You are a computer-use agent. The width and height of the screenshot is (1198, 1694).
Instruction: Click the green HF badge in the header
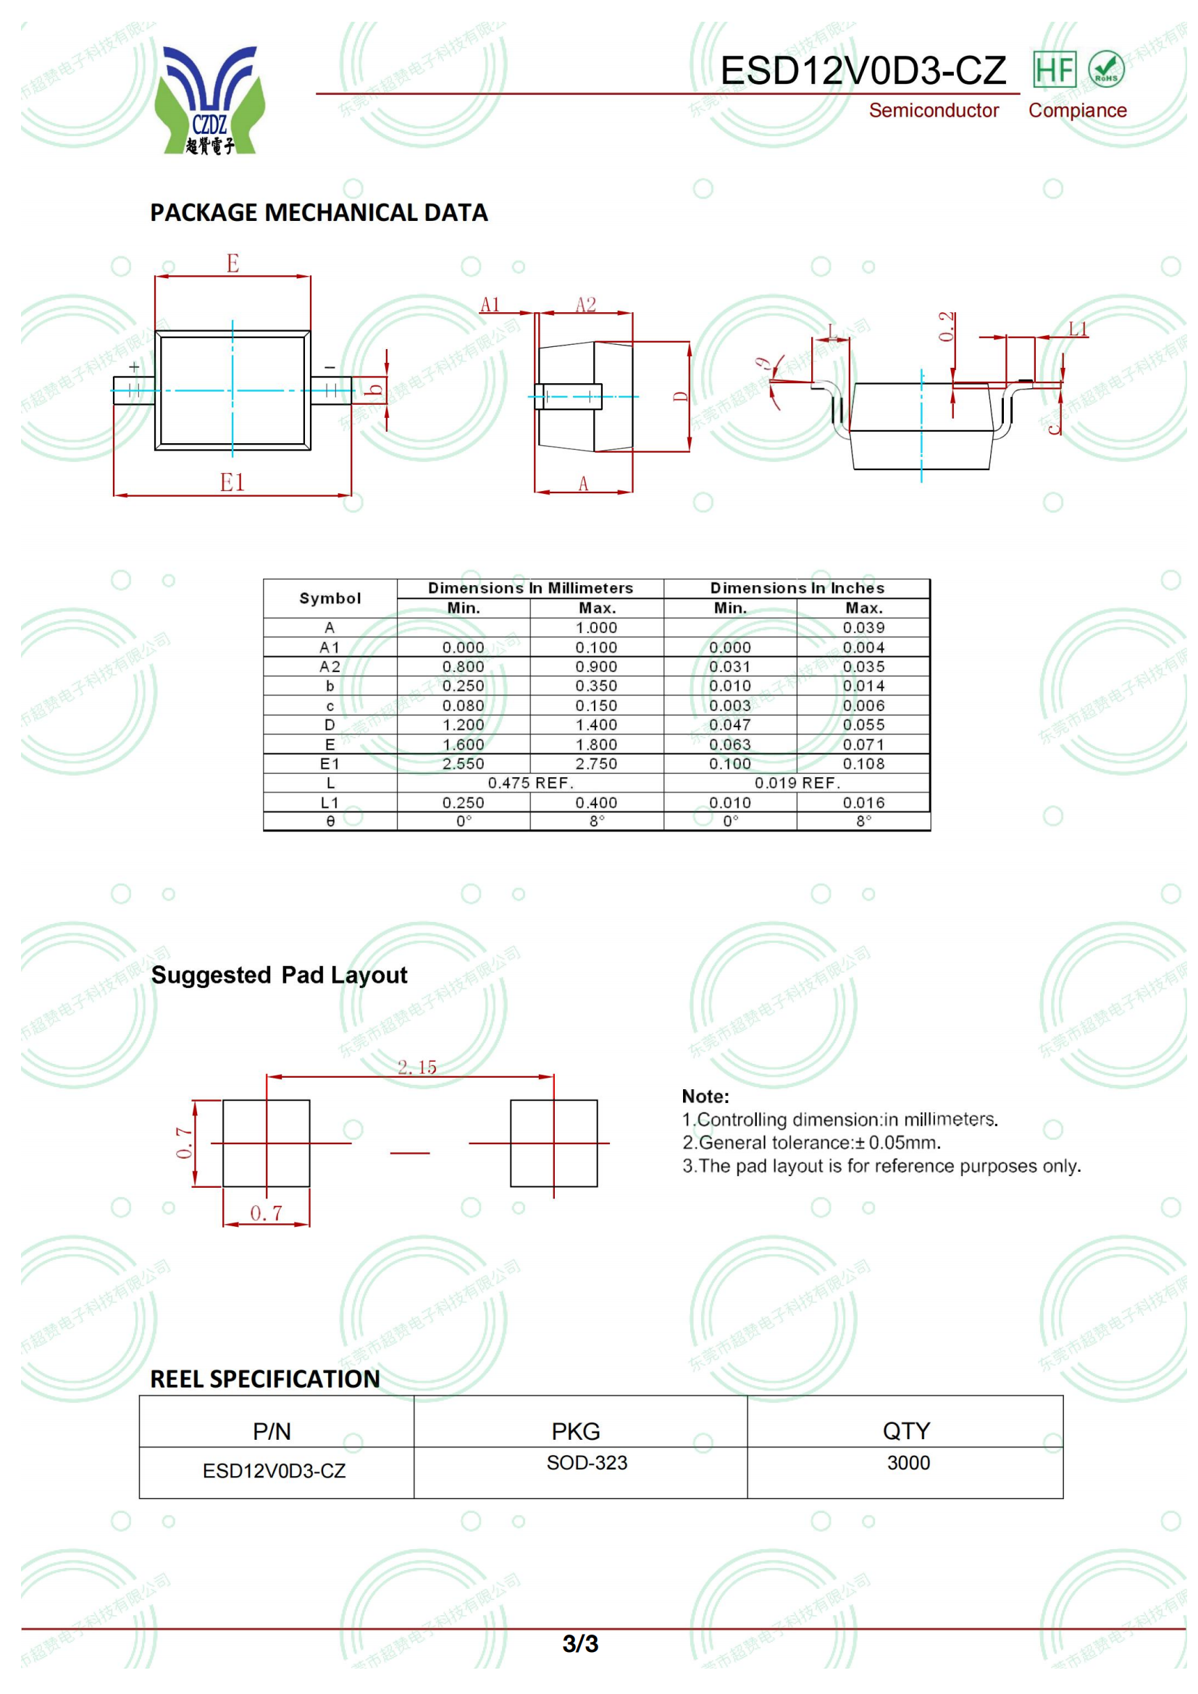(1053, 70)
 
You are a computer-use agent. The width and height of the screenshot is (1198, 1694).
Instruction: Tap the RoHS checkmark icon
(1106, 70)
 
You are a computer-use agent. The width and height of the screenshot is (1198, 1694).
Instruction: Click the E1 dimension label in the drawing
(232, 482)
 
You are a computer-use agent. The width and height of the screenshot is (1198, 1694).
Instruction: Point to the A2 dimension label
(585, 305)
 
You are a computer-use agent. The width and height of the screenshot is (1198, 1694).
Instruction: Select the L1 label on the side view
(1078, 329)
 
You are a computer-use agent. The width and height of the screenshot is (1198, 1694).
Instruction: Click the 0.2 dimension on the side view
(947, 326)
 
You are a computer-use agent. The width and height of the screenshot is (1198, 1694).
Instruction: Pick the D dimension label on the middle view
(680, 397)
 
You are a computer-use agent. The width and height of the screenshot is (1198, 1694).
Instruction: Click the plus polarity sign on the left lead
(133, 366)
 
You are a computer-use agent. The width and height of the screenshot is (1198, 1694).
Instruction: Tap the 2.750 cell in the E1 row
(596, 763)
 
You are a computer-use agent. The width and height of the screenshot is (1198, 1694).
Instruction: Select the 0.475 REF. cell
(530, 783)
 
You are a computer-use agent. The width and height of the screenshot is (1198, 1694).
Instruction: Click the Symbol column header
(330, 598)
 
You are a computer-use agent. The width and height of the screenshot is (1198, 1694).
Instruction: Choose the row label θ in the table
(330, 821)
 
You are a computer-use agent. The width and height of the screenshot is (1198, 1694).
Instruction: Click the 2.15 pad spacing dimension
(416, 1067)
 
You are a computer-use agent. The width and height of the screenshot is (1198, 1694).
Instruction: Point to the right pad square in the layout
(553, 1143)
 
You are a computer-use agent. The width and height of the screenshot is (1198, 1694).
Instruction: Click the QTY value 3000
(908, 1463)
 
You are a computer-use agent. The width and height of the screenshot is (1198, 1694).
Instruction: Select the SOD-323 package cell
(587, 1463)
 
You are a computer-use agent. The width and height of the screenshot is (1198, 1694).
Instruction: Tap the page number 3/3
(581, 1644)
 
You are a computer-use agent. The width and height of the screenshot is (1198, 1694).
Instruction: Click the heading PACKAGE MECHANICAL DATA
(319, 212)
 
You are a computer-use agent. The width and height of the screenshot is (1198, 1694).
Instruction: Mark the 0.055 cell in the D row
(863, 724)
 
